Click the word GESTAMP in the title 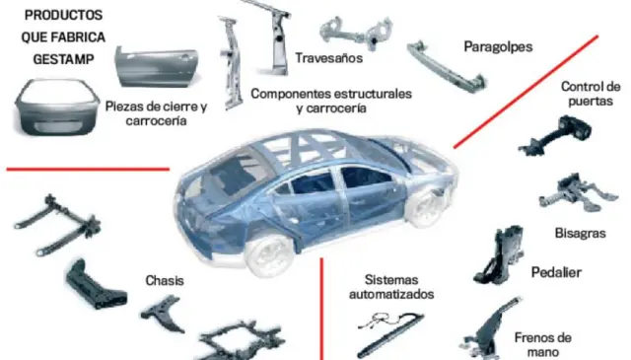pyautogui.click(x=63, y=59)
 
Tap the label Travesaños pyautogui.click(x=328, y=58)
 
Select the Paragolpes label pyautogui.click(x=498, y=47)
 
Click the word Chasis pyautogui.click(x=165, y=281)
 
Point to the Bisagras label pyautogui.click(x=581, y=233)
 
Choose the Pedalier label pyautogui.click(x=556, y=272)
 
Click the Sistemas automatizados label pyautogui.click(x=391, y=287)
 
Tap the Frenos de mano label pyautogui.click(x=543, y=344)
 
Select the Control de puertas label pyautogui.click(x=591, y=94)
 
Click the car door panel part pyautogui.click(x=157, y=67)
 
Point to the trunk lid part pyautogui.click(x=57, y=108)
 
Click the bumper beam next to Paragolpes pyautogui.click(x=447, y=67)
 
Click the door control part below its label pyautogui.click(x=555, y=135)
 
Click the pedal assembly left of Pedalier pyautogui.click(x=499, y=254)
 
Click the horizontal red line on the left pyautogui.click(x=88, y=169)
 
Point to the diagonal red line pyautogui.click(x=526, y=92)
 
